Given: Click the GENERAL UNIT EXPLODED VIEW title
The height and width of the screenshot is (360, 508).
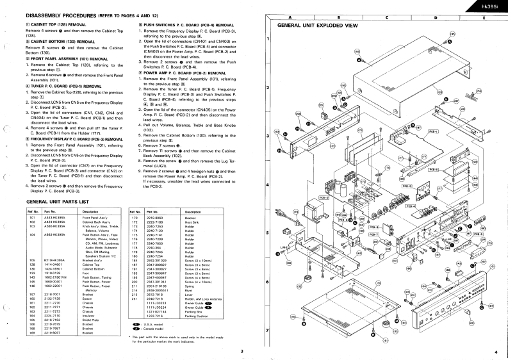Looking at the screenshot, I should (x=316, y=26).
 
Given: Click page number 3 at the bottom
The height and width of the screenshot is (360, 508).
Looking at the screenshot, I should (x=241, y=352).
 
